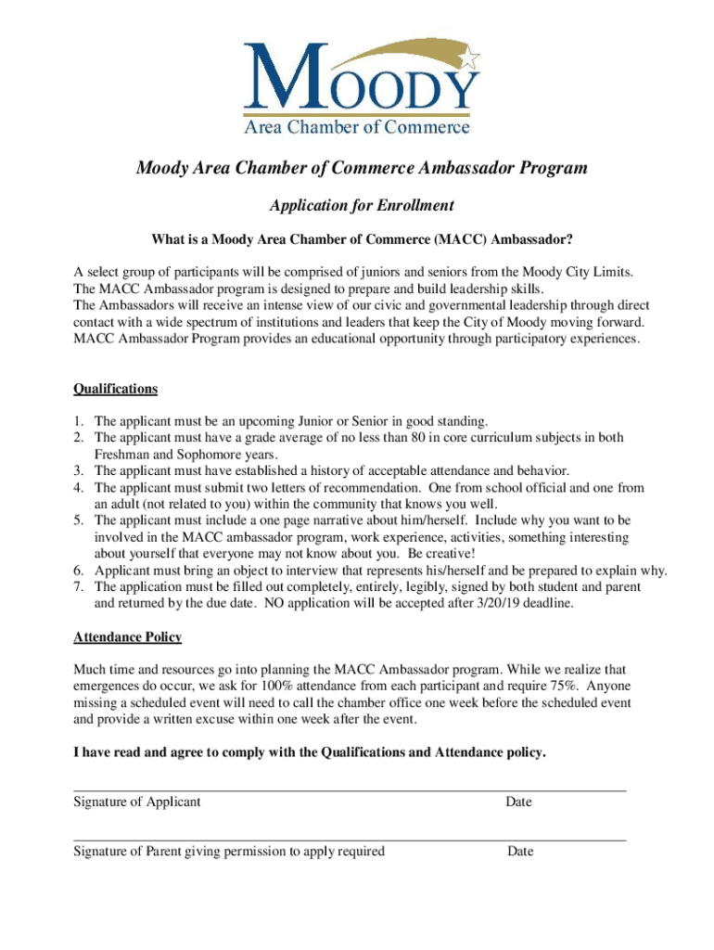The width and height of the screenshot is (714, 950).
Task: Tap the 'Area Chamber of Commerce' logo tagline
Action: click(x=356, y=127)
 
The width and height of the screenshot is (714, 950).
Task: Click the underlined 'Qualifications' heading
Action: click(x=115, y=389)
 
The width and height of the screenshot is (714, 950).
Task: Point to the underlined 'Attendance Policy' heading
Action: click(x=127, y=637)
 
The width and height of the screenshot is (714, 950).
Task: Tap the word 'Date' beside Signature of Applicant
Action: click(x=518, y=802)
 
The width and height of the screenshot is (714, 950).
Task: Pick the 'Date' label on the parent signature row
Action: click(x=520, y=851)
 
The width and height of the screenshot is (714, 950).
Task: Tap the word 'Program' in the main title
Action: click(x=543, y=169)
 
